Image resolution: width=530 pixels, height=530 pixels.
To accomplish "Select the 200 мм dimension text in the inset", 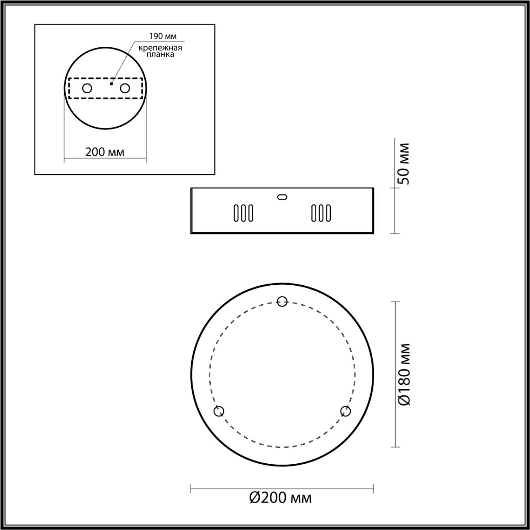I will [105, 152].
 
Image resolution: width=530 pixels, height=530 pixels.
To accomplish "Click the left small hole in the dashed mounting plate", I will [87, 88].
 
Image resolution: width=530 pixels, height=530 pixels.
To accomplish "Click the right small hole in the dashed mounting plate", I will [125, 88].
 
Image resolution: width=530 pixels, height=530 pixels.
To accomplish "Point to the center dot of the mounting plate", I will [111, 84].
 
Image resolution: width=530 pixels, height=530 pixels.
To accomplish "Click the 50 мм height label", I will [403, 164].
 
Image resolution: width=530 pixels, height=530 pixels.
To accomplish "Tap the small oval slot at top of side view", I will [282, 197].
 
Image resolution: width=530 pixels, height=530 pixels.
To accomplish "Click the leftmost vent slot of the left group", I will [236, 213].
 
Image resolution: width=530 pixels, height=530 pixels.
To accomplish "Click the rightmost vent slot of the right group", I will [328, 213].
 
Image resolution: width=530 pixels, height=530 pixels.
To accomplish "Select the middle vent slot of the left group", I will [243, 213].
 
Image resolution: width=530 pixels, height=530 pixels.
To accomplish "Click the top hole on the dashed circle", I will [282, 301].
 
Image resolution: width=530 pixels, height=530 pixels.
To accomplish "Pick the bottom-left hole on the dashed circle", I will [219, 411].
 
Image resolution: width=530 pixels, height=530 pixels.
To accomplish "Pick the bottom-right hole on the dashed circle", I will [345, 411].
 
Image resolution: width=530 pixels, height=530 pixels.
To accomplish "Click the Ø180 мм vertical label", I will [403, 374].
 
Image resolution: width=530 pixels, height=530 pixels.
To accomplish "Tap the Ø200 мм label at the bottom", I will [281, 497].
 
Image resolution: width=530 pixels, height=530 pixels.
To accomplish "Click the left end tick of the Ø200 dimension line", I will [191, 489].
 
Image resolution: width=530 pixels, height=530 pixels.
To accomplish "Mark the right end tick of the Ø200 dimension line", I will [374, 489].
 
